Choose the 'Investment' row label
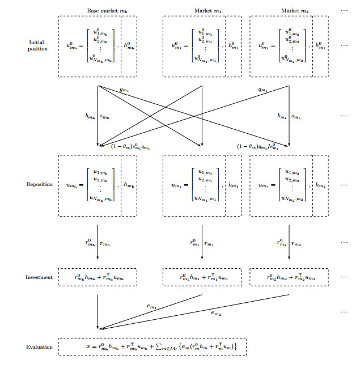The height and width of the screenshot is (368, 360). (x=39, y=277)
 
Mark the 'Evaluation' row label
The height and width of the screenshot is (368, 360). (x=39, y=346)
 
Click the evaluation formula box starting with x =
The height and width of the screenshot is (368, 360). (x=153, y=346)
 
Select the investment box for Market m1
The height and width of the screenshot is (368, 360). (x=202, y=277)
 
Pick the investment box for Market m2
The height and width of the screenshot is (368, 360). (x=289, y=277)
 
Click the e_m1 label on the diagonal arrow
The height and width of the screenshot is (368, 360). (x=153, y=306)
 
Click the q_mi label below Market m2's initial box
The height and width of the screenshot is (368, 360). (x=263, y=90)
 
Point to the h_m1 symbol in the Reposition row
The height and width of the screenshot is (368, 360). (x=233, y=185)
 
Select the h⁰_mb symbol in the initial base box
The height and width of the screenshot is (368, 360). (x=129, y=45)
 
